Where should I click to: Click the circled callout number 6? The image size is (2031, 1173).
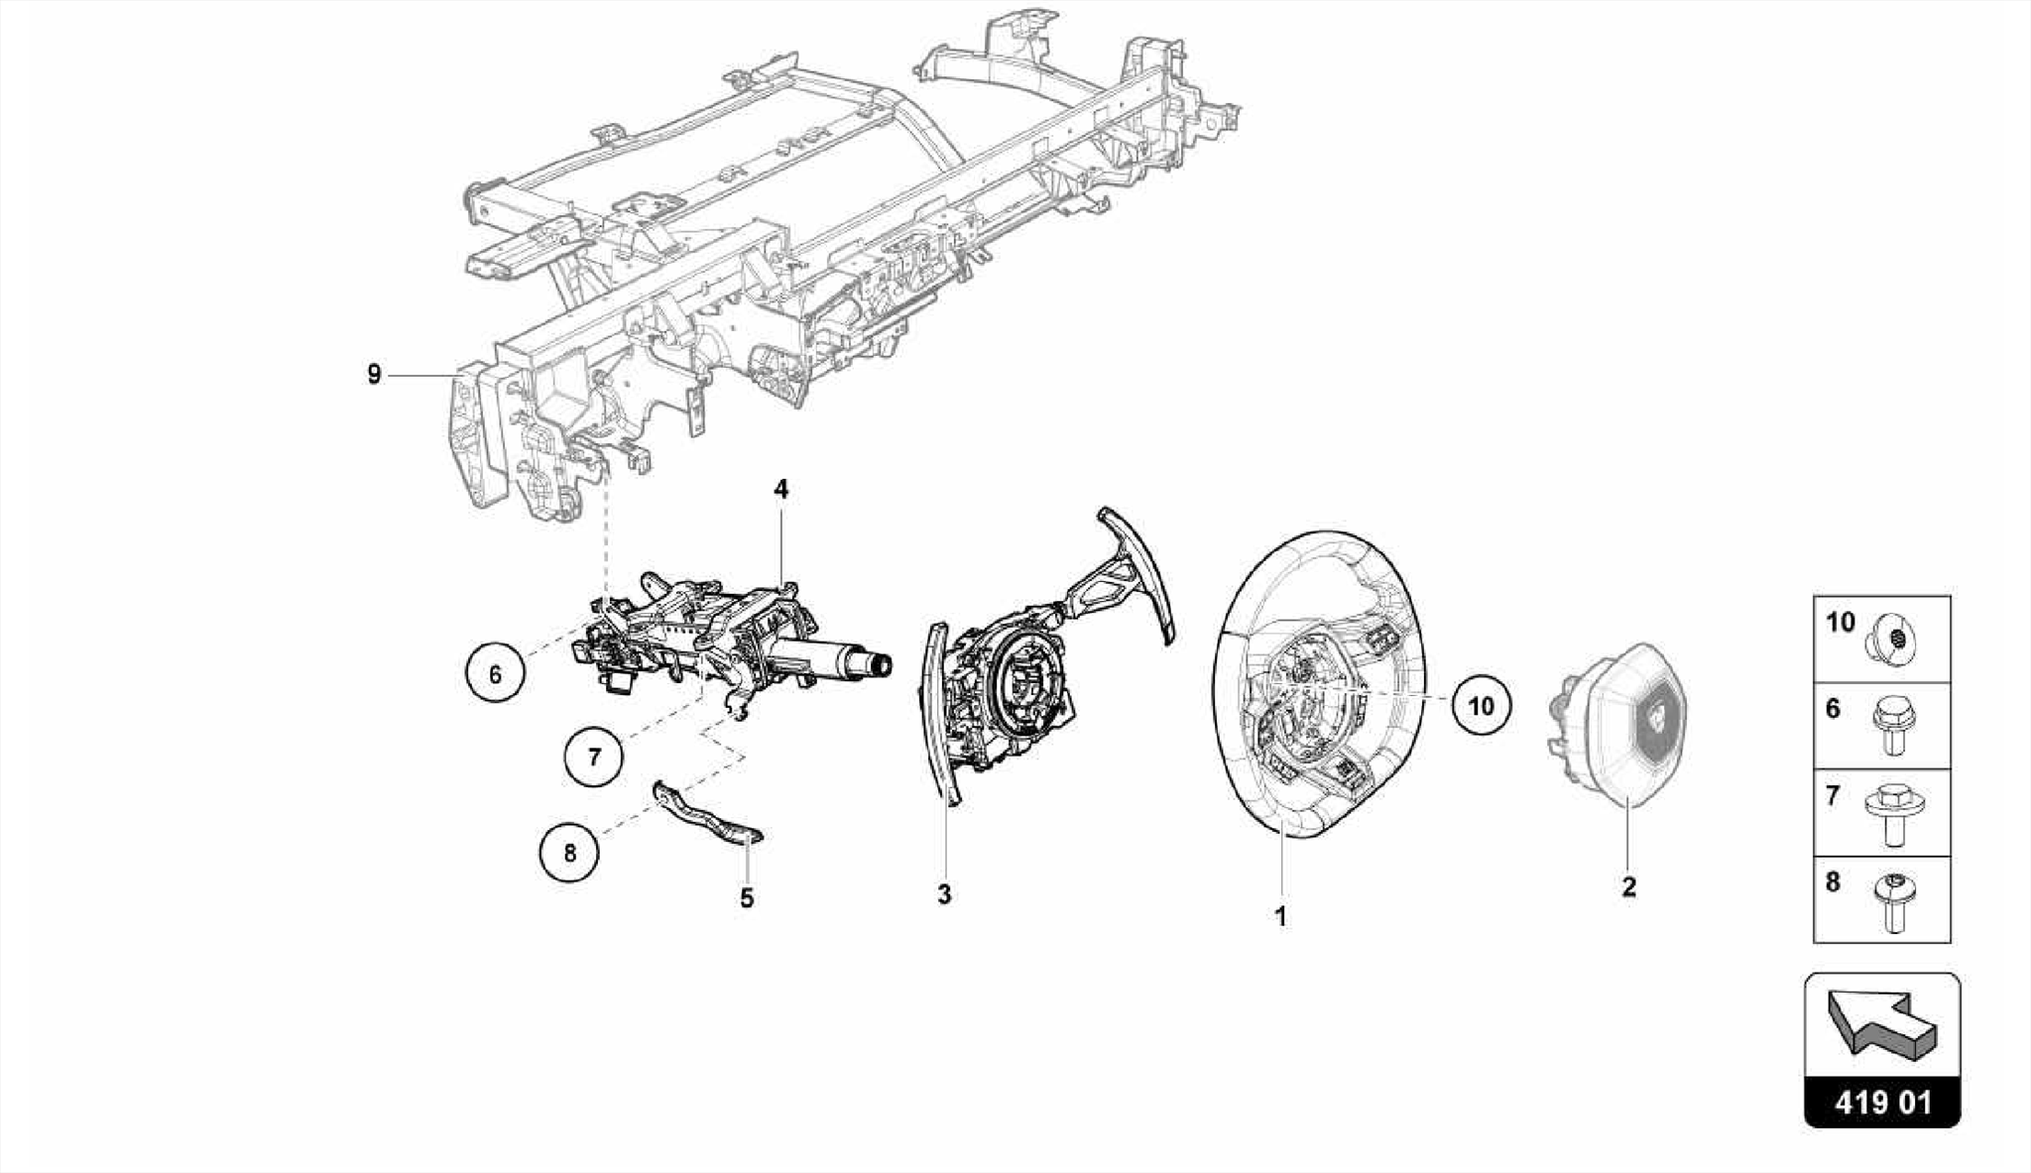[x=495, y=673]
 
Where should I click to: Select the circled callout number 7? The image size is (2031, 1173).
[x=594, y=758]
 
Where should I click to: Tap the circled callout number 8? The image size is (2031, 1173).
[x=569, y=852]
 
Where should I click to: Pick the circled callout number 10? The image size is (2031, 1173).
[x=1481, y=705]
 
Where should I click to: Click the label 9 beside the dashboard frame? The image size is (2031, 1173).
[x=374, y=375]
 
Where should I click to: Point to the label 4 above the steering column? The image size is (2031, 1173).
[x=781, y=489]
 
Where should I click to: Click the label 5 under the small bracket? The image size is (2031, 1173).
[x=747, y=898]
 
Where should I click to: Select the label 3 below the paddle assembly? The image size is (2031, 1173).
[x=944, y=894]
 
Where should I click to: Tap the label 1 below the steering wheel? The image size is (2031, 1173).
[x=1280, y=916]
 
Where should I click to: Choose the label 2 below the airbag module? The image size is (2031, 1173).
[x=1628, y=886]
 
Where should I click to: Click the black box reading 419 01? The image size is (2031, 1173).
[x=1882, y=1103]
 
